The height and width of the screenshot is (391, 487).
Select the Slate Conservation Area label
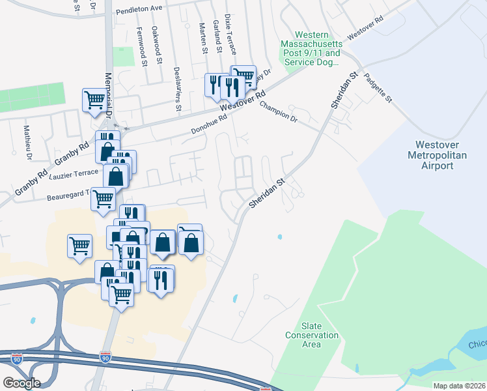[x=312, y=335]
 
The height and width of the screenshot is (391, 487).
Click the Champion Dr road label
[x=279, y=111]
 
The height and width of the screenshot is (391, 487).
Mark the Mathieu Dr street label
[x=28, y=143]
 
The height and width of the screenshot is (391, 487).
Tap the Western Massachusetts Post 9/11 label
[x=311, y=49]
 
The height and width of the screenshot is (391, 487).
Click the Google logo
[x=21, y=383]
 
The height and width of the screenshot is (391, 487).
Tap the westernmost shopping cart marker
[x=79, y=246]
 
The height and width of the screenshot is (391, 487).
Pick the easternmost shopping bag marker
[x=191, y=243]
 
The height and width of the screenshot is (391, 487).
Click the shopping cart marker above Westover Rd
[x=244, y=77]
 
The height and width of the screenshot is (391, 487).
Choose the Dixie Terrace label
[x=230, y=34]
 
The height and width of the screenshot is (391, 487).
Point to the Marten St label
[x=204, y=40]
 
